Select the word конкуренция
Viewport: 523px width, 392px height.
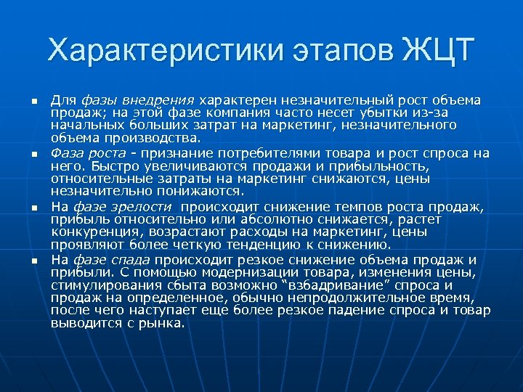pyautogui.click(x=92, y=232)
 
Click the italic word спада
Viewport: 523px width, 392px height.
pyautogui.click(x=131, y=260)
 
